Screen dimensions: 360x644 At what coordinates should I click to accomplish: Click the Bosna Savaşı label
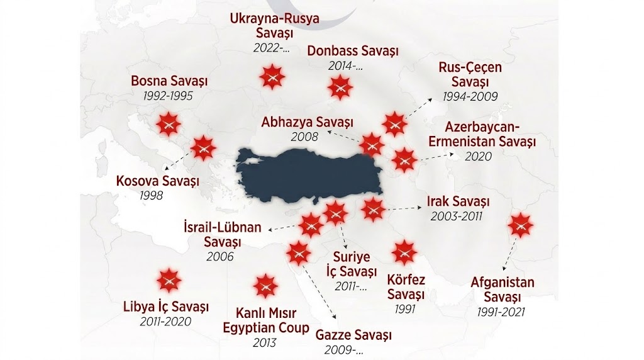click(169, 82)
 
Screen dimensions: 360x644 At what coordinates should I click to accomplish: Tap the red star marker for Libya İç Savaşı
click(168, 280)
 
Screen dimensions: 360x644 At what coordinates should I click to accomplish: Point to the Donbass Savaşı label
click(353, 51)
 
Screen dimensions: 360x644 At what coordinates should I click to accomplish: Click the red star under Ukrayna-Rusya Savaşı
click(272, 77)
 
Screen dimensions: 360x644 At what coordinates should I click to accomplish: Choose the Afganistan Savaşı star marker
click(520, 225)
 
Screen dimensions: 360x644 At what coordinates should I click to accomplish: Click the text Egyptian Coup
click(266, 328)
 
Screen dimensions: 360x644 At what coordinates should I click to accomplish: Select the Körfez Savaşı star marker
click(404, 252)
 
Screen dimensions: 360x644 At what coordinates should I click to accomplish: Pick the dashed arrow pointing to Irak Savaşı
click(402, 207)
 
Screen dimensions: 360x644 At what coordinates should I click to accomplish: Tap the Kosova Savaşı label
click(158, 181)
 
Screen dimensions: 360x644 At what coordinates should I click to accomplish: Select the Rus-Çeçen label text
click(470, 68)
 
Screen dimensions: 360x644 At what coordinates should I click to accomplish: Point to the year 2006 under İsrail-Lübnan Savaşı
click(219, 256)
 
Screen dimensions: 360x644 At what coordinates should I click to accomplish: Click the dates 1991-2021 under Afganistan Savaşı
click(502, 311)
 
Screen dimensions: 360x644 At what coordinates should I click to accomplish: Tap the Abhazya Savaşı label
click(308, 121)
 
